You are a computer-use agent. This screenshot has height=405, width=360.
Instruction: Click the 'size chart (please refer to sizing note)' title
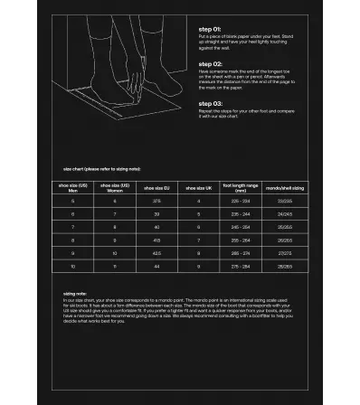click(x=102, y=169)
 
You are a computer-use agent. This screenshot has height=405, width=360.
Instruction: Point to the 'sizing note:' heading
click(x=75, y=294)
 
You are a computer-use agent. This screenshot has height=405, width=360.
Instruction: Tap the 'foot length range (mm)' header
click(x=241, y=187)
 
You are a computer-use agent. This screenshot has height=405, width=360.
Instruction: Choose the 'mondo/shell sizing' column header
click(x=285, y=187)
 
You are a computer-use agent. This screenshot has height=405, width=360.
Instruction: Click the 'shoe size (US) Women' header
click(x=115, y=187)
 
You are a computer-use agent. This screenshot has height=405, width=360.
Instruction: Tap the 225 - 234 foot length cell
click(x=241, y=201)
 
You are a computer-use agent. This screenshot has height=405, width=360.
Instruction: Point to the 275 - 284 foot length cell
click(x=241, y=268)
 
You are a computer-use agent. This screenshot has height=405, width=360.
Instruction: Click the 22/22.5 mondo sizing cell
click(x=285, y=201)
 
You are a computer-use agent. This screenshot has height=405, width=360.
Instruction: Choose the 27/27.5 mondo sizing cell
click(x=285, y=254)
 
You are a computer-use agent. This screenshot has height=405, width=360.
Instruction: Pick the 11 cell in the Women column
click(x=115, y=268)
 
